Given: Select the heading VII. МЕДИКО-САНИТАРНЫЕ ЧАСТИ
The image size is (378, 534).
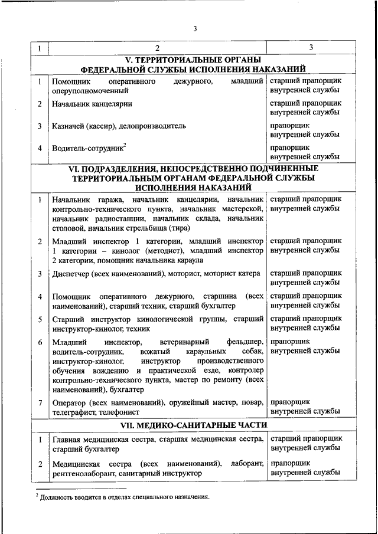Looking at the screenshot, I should coord(193,425).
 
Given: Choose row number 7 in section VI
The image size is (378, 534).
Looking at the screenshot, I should coord(40,402).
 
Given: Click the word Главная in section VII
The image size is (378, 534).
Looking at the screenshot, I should coord(67,440).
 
